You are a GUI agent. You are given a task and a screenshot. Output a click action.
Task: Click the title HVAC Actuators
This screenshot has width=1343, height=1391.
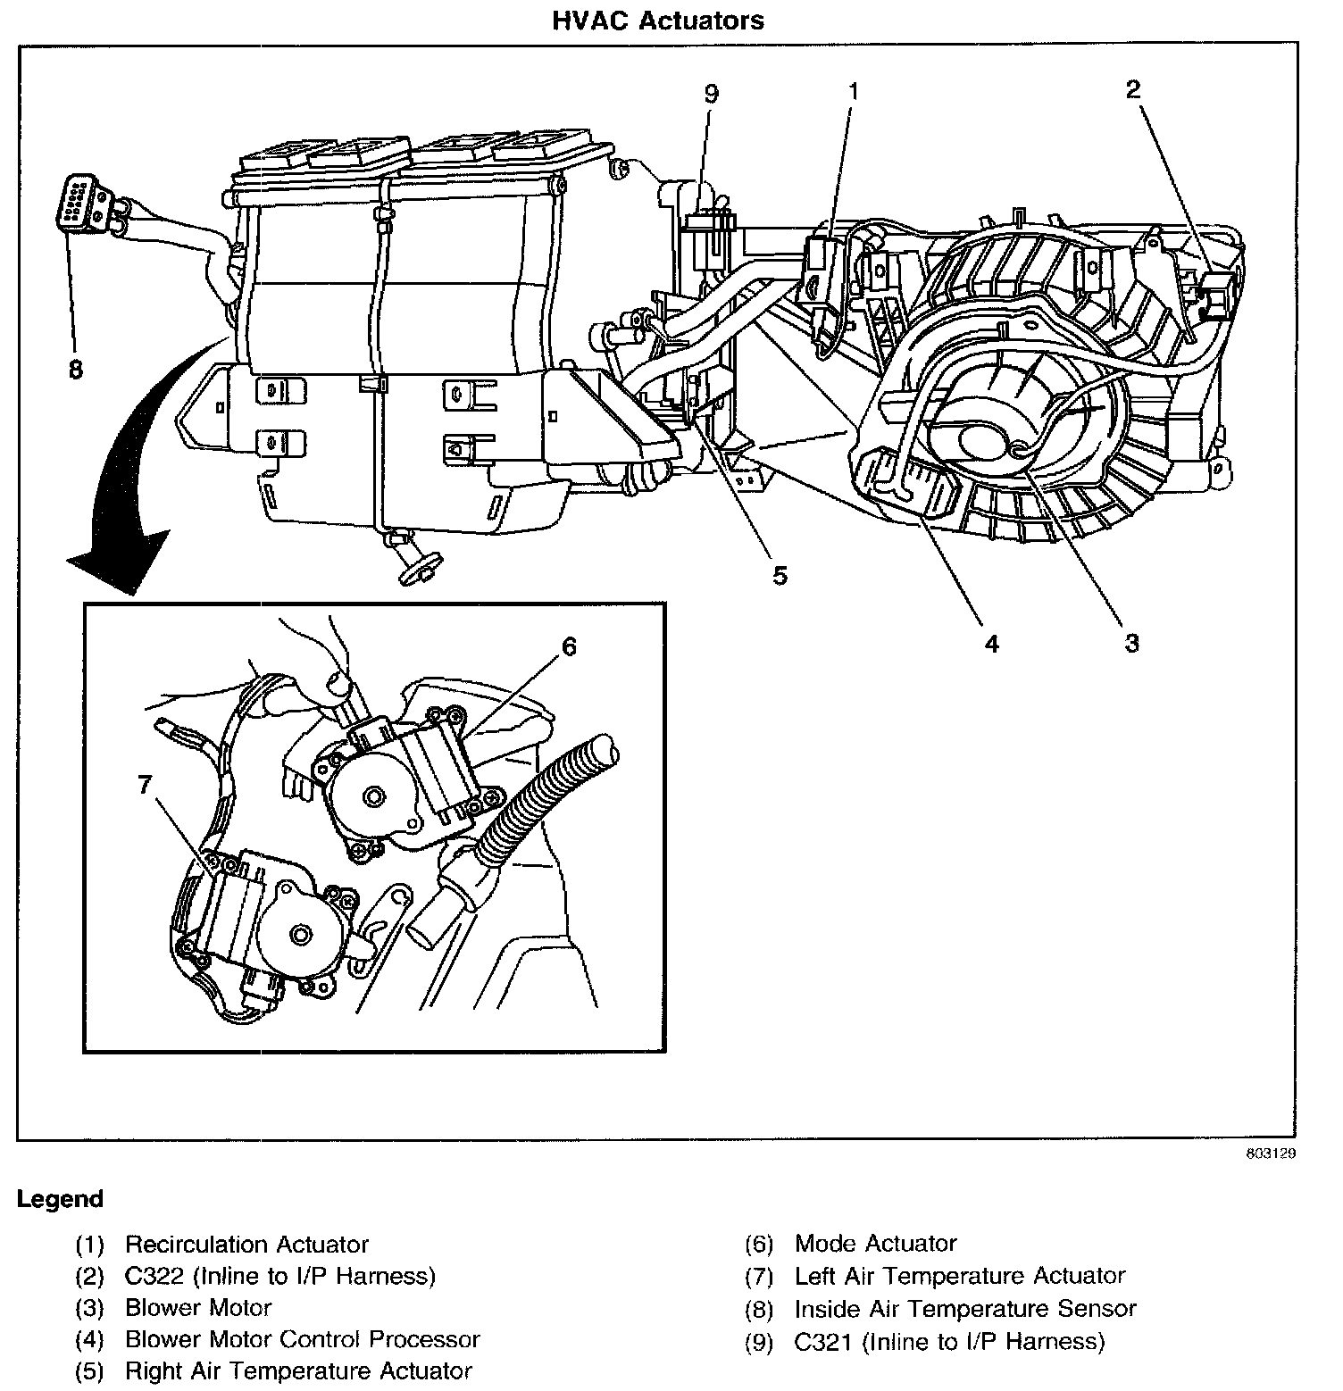[658, 20]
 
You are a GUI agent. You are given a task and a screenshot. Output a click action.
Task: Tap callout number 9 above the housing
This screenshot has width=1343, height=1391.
[711, 94]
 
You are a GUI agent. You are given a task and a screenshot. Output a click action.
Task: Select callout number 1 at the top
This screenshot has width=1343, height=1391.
[854, 91]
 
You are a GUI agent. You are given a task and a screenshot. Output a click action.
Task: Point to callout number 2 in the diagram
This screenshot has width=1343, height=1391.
[1132, 89]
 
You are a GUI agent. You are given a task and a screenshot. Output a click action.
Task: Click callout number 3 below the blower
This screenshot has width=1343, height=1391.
[1131, 643]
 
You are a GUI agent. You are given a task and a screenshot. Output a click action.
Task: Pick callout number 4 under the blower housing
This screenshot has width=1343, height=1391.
[992, 643]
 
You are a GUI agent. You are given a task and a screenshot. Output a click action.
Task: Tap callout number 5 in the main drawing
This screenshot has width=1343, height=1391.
[780, 576]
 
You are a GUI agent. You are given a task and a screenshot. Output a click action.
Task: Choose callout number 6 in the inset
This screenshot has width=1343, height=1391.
[569, 646]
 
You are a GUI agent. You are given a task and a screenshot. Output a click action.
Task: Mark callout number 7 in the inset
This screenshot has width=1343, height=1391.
[145, 785]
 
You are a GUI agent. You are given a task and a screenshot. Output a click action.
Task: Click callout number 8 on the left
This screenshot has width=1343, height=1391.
[76, 369]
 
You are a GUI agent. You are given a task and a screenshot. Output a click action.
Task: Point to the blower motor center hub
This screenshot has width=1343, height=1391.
[985, 443]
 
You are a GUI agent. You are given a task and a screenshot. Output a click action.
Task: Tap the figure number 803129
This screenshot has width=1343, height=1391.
[1271, 1153]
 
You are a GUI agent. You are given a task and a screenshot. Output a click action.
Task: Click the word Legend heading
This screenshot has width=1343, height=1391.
[60, 1199]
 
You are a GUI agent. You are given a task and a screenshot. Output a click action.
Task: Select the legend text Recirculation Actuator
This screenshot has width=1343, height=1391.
[246, 1245]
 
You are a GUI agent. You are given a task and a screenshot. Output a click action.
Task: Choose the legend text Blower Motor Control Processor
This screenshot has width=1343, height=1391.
[302, 1339]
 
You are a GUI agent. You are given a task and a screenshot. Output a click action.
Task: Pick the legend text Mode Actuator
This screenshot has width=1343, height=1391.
[875, 1244]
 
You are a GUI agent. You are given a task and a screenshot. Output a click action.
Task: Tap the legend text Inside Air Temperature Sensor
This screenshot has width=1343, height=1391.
[964, 1309]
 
